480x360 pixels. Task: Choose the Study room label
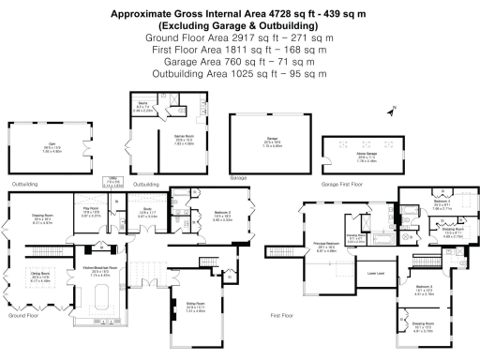tap(146, 212)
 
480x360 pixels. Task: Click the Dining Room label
tap(40, 277)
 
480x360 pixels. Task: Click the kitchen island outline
tap(102, 304)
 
